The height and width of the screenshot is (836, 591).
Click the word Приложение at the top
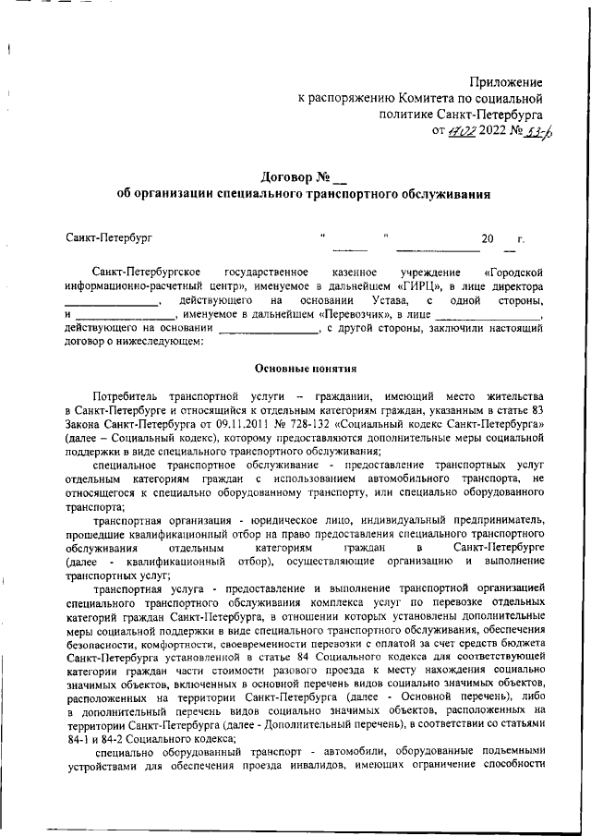pyautogui.click(x=505, y=83)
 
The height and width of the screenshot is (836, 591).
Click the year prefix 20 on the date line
pyautogui.click(x=488, y=240)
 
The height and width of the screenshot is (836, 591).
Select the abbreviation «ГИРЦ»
pyautogui.click(x=401, y=287)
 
